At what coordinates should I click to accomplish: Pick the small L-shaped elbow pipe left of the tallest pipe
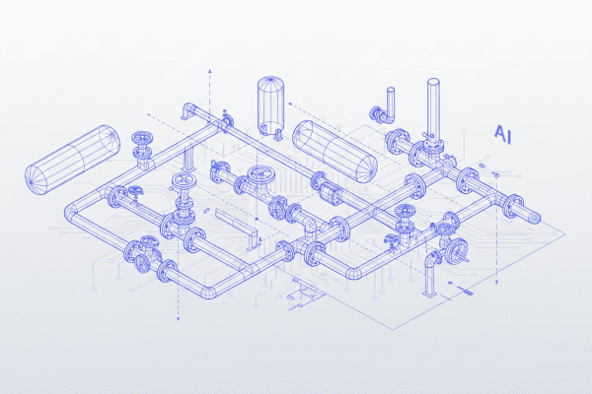[x=387, y=103]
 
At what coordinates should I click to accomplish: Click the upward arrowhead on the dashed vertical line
[x=210, y=72]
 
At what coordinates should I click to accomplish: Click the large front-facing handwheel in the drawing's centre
[x=260, y=178]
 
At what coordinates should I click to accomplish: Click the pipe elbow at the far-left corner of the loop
[x=71, y=211]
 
